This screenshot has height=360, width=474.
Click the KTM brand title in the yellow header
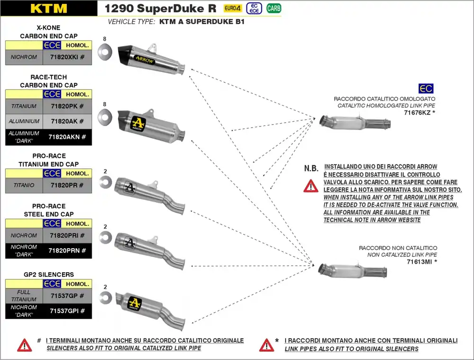pos(49,8)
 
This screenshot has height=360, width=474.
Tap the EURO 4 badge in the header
pos(232,8)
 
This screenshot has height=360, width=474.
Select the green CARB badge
pos(273,8)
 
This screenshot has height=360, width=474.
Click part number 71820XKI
pos(67,57)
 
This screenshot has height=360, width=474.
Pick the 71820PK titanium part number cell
pos(67,107)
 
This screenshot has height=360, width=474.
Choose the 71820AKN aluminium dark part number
pos(67,137)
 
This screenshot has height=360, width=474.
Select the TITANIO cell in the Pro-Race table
pos(24,185)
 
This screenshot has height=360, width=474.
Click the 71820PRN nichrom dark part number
pos(67,251)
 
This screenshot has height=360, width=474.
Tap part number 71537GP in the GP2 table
pos(67,296)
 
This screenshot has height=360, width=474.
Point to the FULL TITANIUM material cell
pos(24,296)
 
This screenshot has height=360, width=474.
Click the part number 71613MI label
pos(421,261)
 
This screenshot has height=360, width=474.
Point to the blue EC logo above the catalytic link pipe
pos(426,89)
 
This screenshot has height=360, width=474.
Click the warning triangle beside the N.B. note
pos(311,185)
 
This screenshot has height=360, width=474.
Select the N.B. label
pos(311,169)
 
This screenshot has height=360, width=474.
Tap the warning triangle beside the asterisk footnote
pos(267,345)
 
